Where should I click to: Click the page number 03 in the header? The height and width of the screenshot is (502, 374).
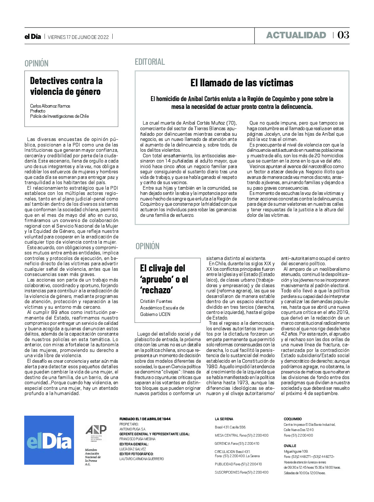[x=343, y=35]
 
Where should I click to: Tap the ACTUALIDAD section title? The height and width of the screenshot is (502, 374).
[x=296, y=35]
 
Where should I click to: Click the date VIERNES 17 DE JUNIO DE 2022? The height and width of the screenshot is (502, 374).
[x=78, y=37]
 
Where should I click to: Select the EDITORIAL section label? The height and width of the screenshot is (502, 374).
[x=150, y=62]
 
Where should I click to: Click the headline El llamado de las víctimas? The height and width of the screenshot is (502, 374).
[x=242, y=83]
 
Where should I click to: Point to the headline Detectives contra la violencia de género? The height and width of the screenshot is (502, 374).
[x=66, y=86]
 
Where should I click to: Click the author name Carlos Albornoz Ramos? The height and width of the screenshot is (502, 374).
[x=50, y=106]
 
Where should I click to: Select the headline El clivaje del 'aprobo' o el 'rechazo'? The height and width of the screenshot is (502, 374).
[x=164, y=279]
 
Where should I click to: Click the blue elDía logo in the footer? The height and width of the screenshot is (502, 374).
[x=49, y=440]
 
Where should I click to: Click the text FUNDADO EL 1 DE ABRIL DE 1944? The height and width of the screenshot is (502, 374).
[x=145, y=419]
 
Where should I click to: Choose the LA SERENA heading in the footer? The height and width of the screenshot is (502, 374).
[x=224, y=419]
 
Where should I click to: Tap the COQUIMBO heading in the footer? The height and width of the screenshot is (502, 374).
[x=292, y=419]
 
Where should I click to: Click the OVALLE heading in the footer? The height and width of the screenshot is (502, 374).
[x=290, y=446]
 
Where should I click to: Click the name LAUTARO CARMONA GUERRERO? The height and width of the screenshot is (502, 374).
[x=141, y=459]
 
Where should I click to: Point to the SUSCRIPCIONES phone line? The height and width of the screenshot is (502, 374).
[x=241, y=472]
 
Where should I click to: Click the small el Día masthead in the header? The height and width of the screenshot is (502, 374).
[x=33, y=37]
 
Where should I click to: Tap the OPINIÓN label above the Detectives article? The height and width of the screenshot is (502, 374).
[x=36, y=63]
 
